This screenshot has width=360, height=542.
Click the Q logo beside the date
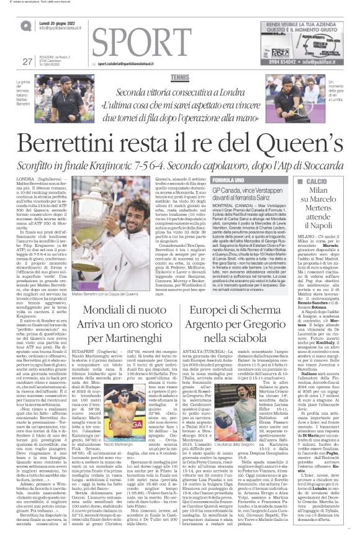[x=26, y=25]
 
